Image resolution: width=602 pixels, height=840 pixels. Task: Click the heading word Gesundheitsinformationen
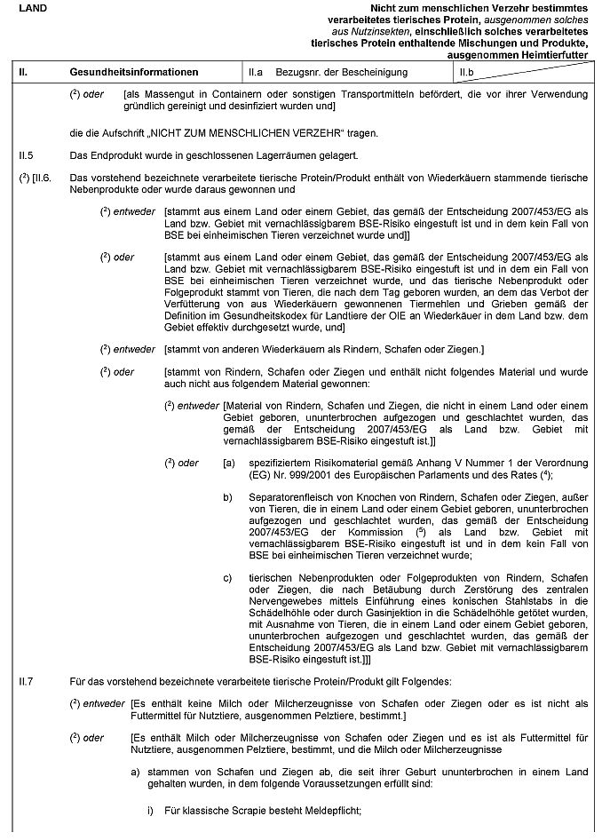pos(134,71)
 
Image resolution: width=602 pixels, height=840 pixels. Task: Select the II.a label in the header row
pos(257,71)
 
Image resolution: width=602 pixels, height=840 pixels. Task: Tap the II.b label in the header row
pos(467,71)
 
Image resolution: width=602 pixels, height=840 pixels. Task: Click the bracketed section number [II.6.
pos(43,177)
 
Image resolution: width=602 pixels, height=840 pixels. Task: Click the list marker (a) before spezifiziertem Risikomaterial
pos(229,463)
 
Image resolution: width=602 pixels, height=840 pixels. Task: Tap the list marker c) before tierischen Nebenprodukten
pos(228,578)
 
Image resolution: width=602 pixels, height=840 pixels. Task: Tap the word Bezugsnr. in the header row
pos(305,71)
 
